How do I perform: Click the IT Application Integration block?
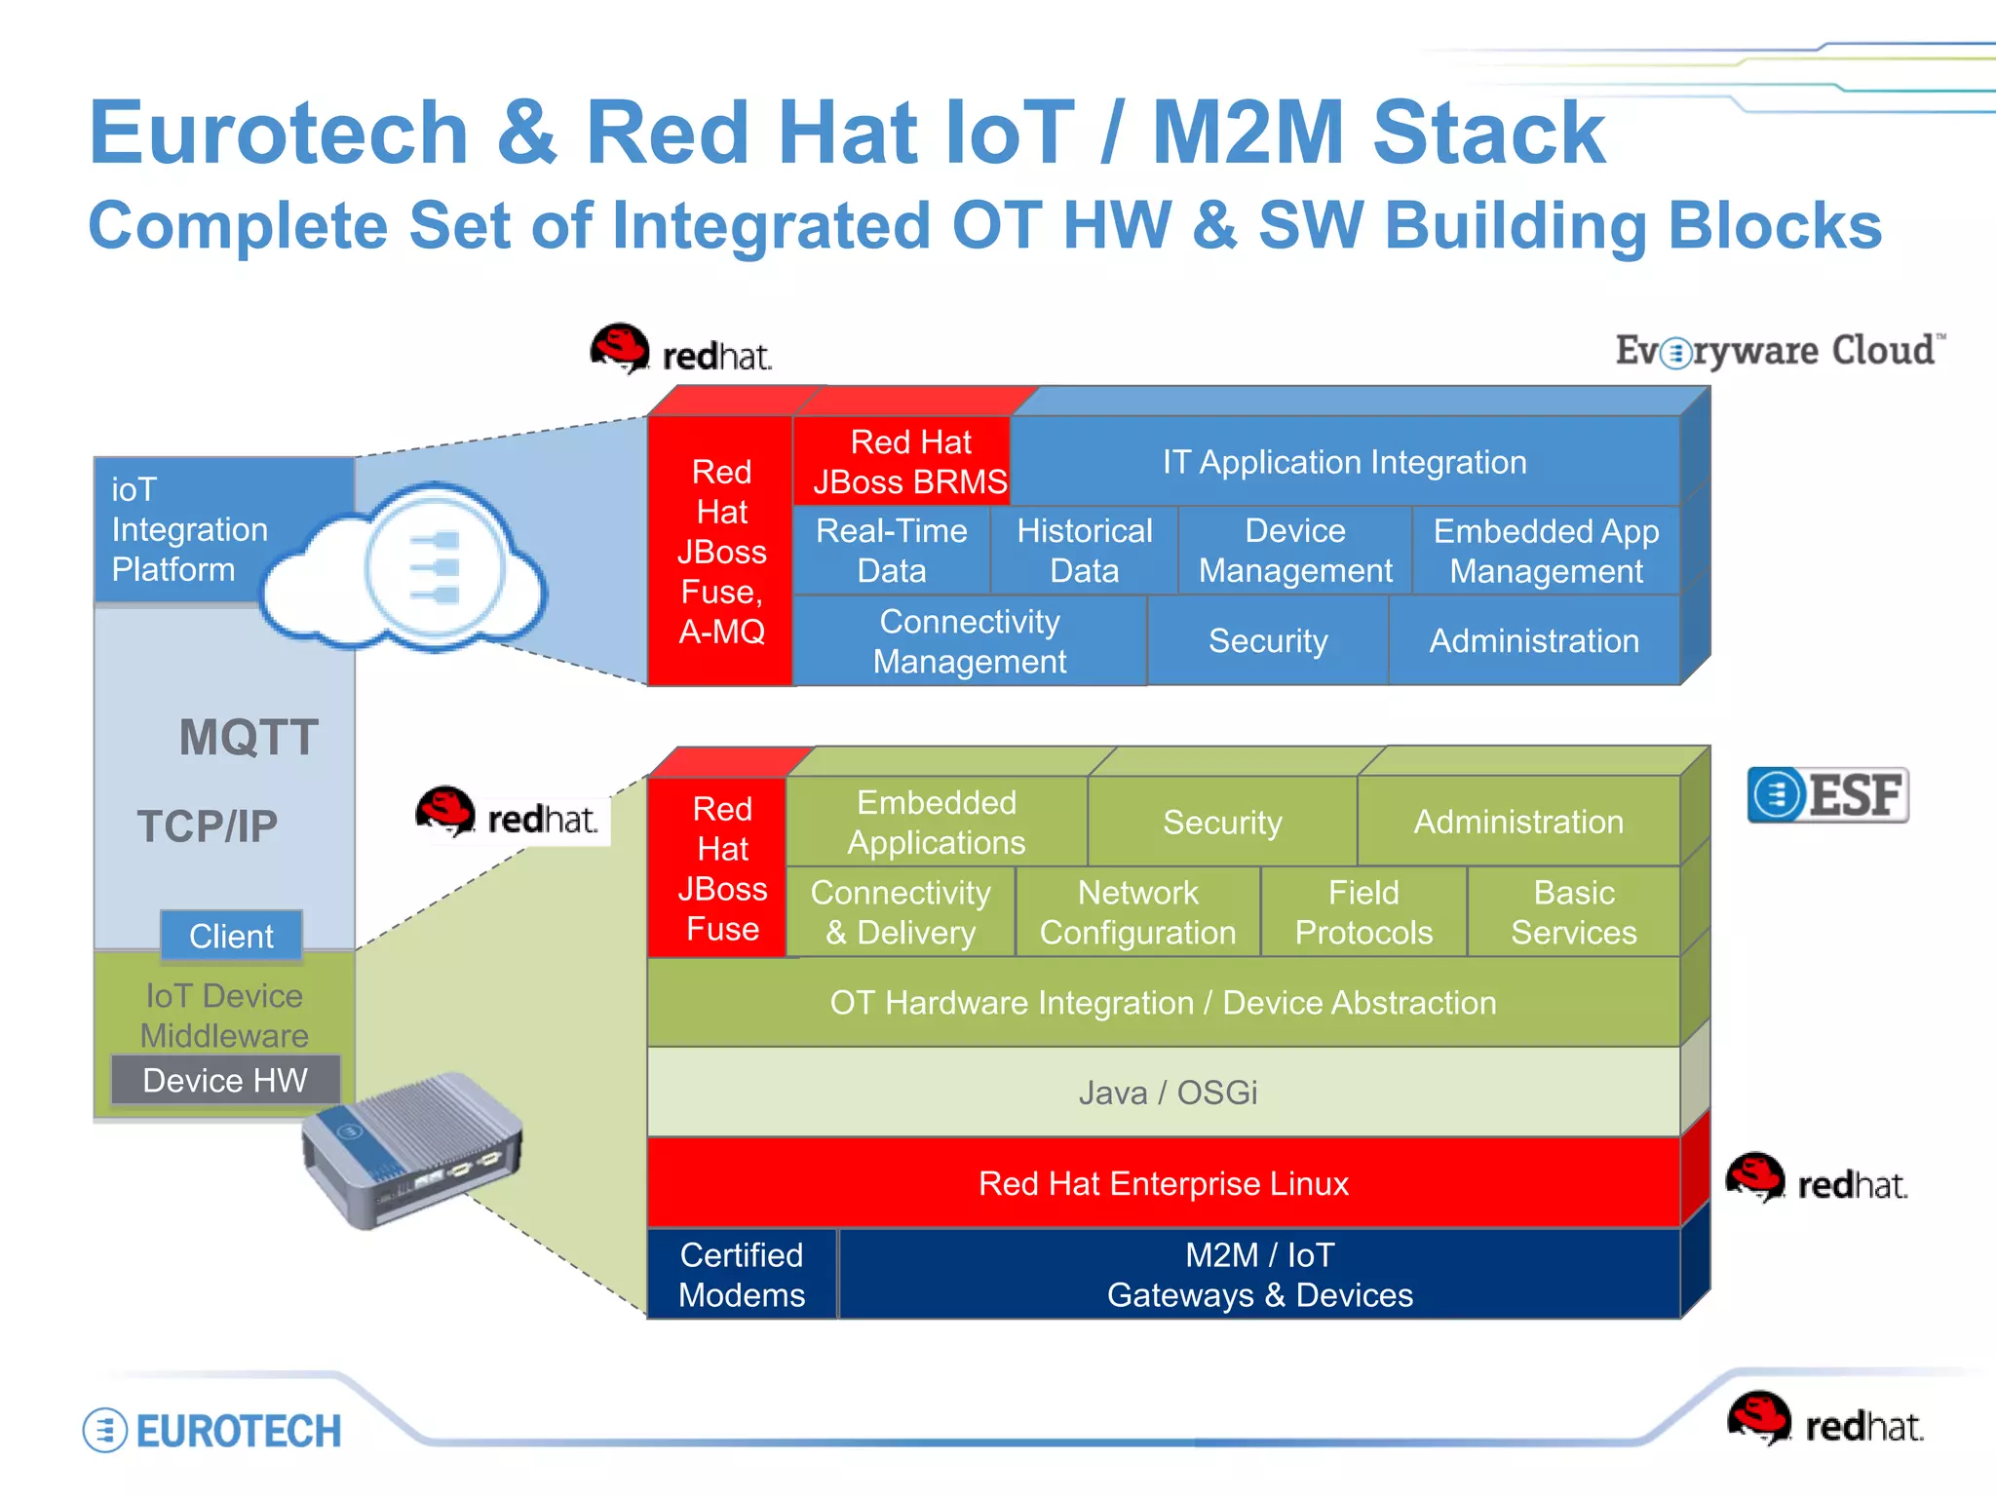click(1345, 462)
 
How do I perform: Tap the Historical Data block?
click(1084, 551)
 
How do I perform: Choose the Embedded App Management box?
click(1546, 551)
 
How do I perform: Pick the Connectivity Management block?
click(969, 641)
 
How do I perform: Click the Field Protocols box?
click(1363, 913)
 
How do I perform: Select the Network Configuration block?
click(1137, 913)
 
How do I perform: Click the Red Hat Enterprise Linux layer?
click(1165, 1183)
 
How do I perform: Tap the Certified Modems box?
click(742, 1275)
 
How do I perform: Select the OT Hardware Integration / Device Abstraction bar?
click(1165, 1003)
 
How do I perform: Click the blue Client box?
click(231, 936)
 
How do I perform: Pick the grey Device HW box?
click(225, 1080)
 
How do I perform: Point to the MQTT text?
click(249, 738)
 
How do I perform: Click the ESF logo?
click(1828, 795)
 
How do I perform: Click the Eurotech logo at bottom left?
click(212, 1431)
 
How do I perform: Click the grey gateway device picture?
click(414, 1150)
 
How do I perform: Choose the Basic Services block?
click(1573, 913)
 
